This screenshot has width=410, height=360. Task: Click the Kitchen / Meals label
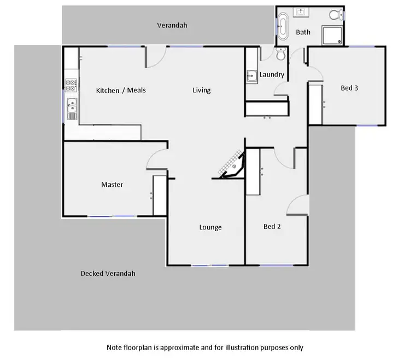point(121,90)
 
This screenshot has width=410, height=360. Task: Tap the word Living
point(201,90)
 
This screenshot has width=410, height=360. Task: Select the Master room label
point(112,185)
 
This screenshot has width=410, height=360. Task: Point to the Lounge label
point(210,227)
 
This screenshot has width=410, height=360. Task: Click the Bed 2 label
point(272,226)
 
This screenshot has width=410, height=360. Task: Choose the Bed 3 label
point(349,87)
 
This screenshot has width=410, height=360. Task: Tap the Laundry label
point(272,74)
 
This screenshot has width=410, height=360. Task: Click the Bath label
point(303,32)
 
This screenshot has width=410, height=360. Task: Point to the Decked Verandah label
point(108,274)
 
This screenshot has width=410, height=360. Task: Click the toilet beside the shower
point(281,55)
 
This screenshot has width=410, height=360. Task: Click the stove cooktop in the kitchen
point(71,85)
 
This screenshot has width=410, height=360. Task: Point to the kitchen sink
point(72,109)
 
